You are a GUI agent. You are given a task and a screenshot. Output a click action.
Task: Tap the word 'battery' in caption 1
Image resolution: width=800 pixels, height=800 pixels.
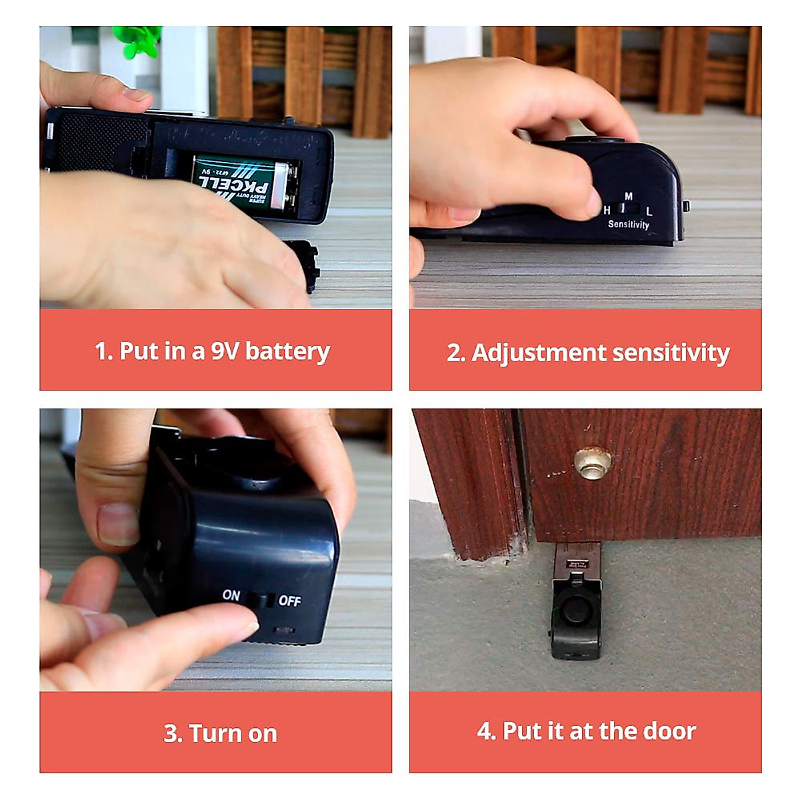click(287, 351)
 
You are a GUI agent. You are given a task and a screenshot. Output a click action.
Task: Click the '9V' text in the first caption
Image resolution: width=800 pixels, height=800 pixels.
click(225, 351)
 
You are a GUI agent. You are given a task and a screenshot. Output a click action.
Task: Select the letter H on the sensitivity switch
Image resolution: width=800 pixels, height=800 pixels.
click(607, 210)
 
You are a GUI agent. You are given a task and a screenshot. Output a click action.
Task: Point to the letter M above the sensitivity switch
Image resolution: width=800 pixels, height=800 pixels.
click(629, 196)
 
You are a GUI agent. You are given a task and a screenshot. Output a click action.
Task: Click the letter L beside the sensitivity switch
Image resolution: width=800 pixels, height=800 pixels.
click(649, 211)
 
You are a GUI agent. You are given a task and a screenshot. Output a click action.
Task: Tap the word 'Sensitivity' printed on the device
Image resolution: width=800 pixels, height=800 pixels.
click(628, 225)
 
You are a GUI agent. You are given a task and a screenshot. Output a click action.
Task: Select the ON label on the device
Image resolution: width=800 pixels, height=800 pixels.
click(231, 595)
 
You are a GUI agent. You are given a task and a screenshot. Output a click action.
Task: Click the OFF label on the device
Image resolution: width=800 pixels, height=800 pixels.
click(289, 601)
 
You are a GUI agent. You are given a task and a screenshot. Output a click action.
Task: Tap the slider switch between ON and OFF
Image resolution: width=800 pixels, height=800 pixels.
click(260, 599)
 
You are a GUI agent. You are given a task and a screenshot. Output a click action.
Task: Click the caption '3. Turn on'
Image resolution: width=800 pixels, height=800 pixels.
click(220, 733)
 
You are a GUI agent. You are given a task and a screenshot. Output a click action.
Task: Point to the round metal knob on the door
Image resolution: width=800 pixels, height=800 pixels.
click(593, 462)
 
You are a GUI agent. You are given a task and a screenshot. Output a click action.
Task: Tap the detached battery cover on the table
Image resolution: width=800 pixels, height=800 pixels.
click(305, 265)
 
